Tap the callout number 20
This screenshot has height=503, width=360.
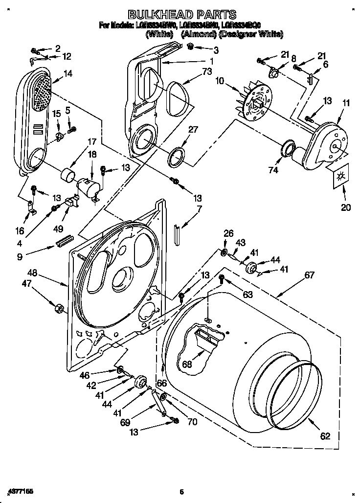(x=345, y=207)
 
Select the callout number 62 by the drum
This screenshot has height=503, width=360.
(x=325, y=436)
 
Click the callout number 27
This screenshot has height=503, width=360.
(x=193, y=130)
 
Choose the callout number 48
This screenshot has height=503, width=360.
(x=33, y=272)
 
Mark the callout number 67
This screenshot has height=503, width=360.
(x=309, y=275)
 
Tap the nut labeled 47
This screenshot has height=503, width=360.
(x=58, y=308)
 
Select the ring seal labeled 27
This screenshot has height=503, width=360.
(x=177, y=156)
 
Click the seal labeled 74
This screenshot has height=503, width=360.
(x=288, y=148)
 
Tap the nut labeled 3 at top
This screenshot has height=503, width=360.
(x=191, y=46)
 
